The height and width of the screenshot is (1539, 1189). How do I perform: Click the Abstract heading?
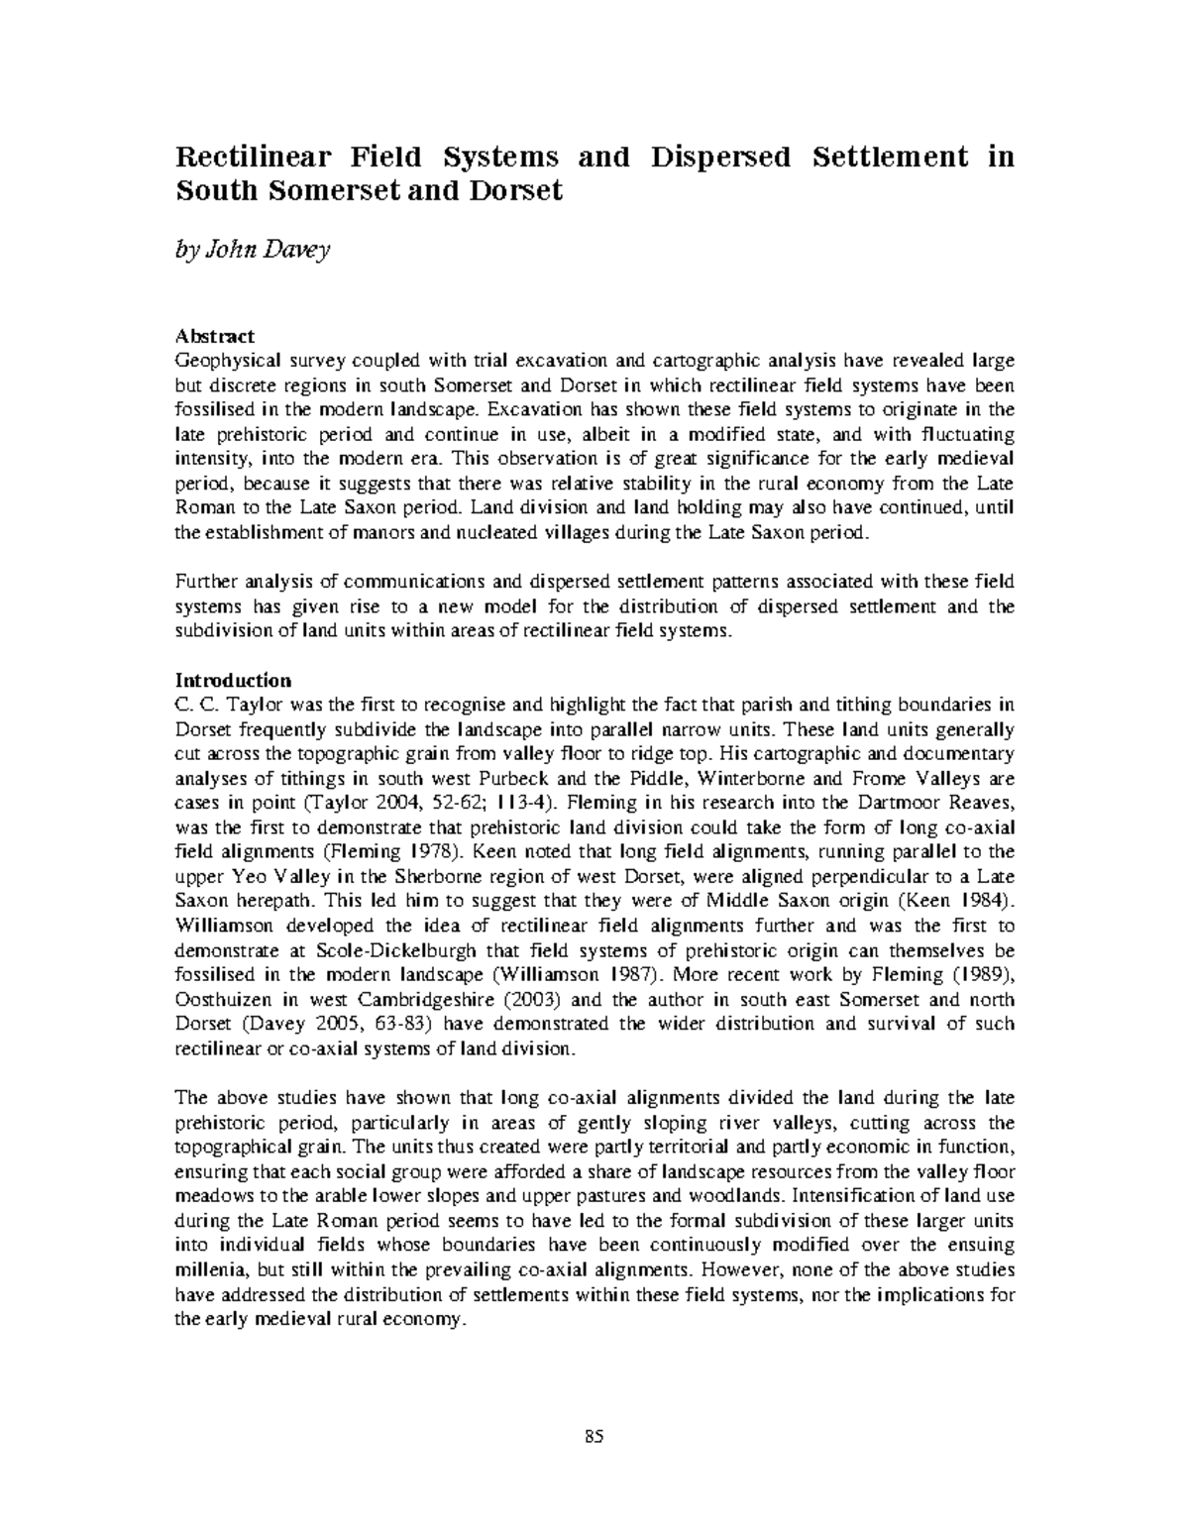click(x=215, y=336)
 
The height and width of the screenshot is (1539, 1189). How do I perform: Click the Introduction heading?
click(x=233, y=680)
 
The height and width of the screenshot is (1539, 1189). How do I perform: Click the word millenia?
click(x=210, y=1269)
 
